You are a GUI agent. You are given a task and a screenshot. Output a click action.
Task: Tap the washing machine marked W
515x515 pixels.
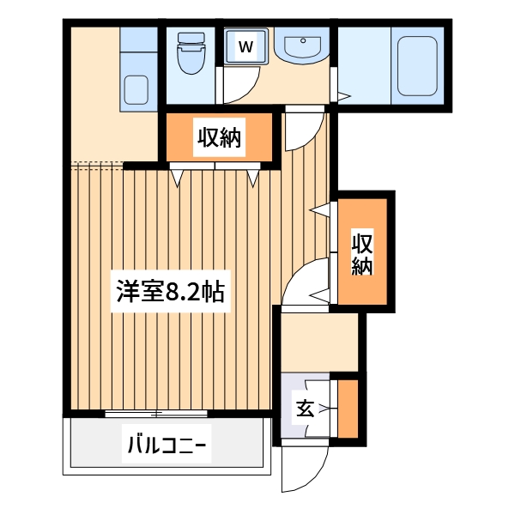pos(245,46)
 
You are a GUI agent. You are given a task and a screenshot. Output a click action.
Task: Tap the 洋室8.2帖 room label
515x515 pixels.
pos(171,293)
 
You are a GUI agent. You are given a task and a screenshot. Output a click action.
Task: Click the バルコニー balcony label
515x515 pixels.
pos(167,445)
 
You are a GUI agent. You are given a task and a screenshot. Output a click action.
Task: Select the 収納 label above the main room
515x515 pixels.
pos(221,136)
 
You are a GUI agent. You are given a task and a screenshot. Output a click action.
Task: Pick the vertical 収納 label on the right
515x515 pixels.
pos(361,254)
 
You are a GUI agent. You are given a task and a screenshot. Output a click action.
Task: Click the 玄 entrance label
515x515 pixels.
pos(305,408)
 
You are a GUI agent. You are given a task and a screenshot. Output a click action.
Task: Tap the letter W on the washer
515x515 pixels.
pos(245,46)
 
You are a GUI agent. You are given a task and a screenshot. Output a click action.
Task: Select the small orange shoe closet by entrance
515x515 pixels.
pos(347,407)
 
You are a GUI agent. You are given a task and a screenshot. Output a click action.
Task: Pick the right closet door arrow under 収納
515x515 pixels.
pos(254,178)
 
